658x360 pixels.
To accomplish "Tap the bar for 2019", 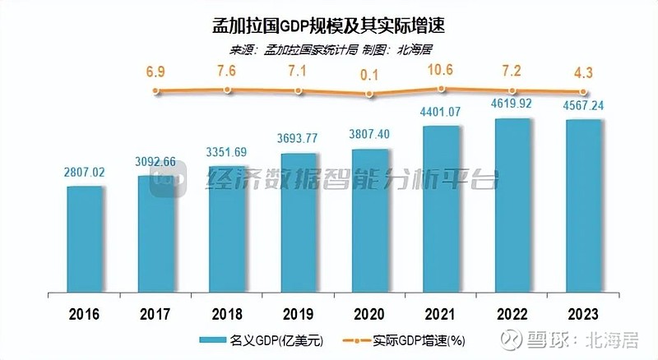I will tap(299, 224).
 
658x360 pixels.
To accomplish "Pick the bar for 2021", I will tap(441, 210).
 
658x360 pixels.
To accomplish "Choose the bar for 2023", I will tap(583, 207).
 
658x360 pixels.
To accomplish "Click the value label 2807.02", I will tap(86, 173).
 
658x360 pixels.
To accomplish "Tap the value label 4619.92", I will tap(512, 106).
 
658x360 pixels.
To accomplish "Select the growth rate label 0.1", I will tap(369, 75).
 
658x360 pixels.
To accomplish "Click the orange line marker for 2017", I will tap(156, 90).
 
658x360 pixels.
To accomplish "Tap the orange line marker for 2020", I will tap(369, 94).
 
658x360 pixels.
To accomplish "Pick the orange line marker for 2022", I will tap(512, 90).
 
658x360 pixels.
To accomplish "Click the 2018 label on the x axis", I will tap(228, 314).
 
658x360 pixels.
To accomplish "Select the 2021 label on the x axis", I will tap(441, 314).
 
